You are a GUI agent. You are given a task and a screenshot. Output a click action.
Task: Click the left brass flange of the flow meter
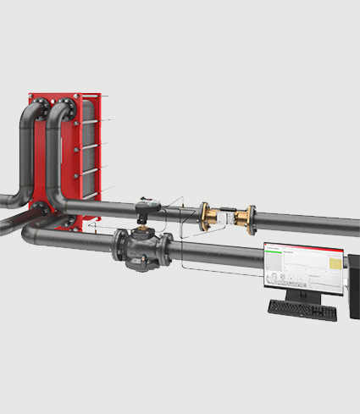[x=203, y=215]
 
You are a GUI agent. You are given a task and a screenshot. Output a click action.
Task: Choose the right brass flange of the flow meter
[x=251, y=219]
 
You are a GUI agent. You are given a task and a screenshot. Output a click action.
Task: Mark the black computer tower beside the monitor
[x=354, y=288]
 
